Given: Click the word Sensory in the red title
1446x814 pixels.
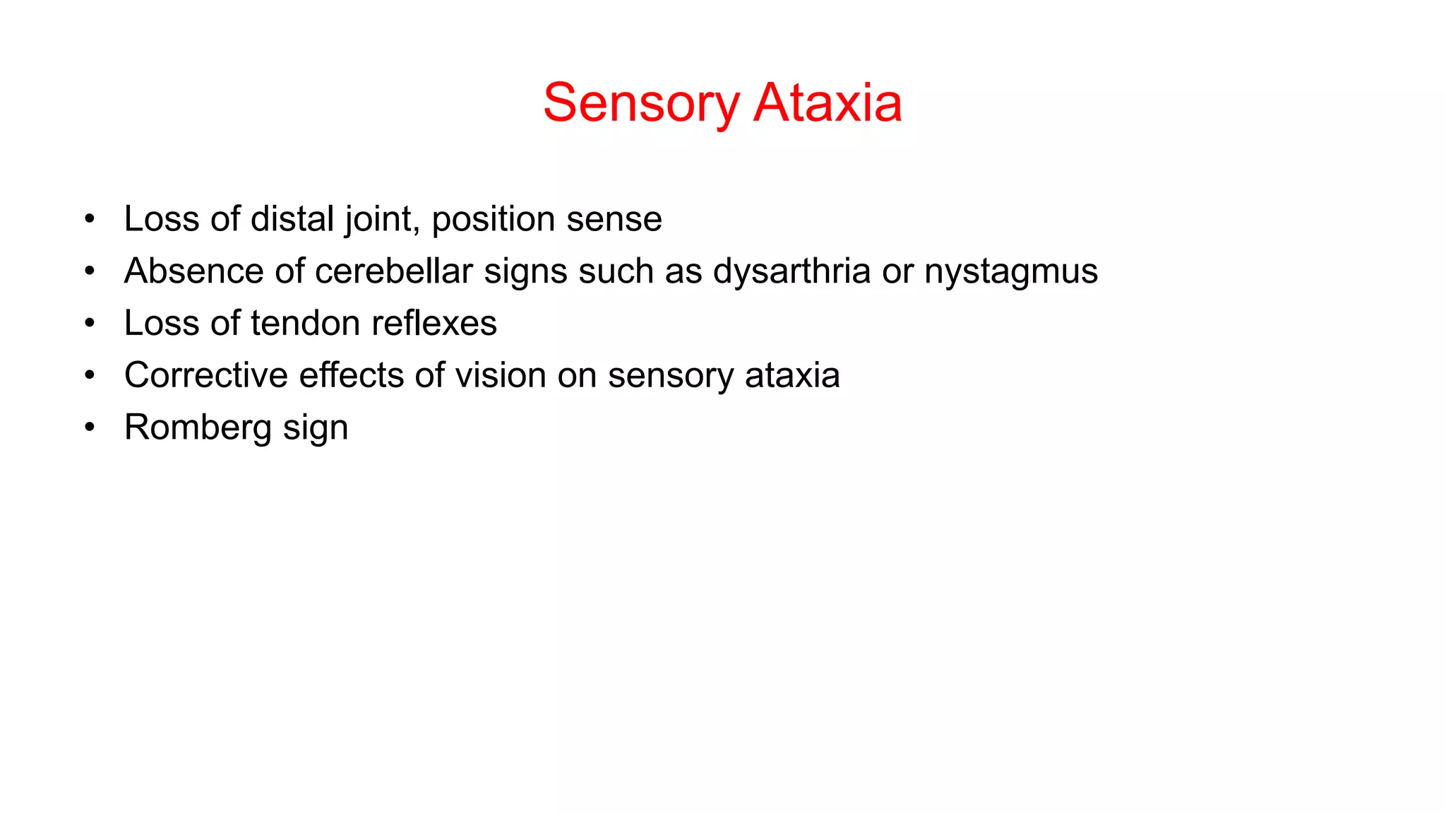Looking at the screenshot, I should tap(640, 103).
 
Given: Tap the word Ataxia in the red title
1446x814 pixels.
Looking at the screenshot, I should tap(827, 103).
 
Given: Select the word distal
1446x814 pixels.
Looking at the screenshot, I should tap(292, 219).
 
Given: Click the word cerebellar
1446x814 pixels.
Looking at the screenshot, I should tap(394, 271).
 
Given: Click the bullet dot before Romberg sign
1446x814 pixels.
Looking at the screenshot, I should tap(89, 427).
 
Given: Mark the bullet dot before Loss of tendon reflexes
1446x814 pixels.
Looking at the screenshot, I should tap(89, 324).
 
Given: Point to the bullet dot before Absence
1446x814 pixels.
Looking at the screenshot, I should tap(89, 271).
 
